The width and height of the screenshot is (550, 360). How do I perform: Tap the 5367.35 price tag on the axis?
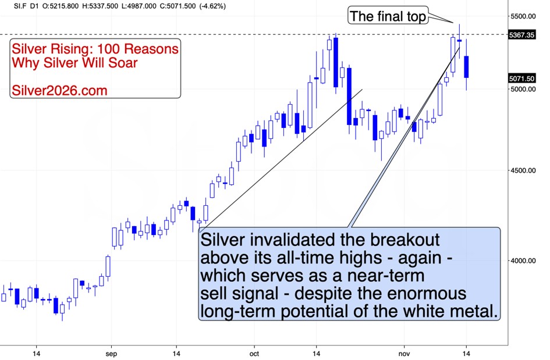click(x=521, y=35)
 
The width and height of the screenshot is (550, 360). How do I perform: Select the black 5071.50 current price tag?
click(x=521, y=78)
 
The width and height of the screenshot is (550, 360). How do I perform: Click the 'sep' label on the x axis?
click(x=112, y=352)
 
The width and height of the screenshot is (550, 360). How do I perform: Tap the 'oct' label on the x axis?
click(x=253, y=352)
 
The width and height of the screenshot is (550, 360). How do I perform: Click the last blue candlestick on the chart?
click(x=467, y=67)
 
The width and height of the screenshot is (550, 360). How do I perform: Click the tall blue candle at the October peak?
click(x=336, y=62)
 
